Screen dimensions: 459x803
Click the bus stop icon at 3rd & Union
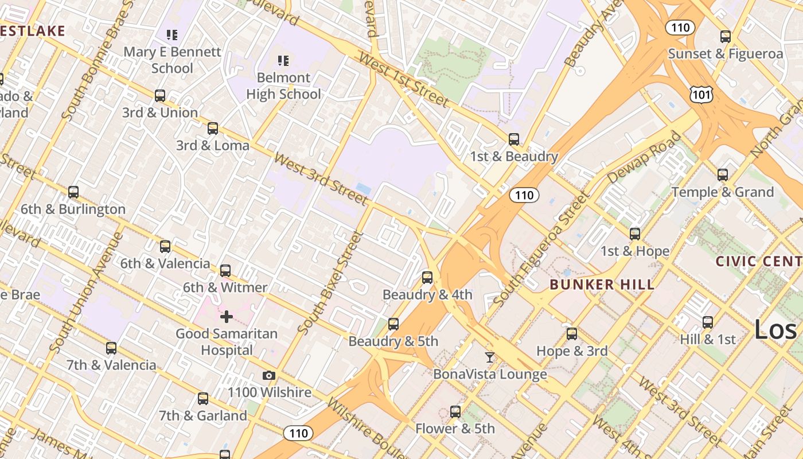click(x=160, y=95)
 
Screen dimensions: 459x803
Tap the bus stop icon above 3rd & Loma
click(x=213, y=129)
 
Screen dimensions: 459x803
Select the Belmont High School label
click(x=283, y=85)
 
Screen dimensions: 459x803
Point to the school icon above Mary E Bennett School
click(x=172, y=35)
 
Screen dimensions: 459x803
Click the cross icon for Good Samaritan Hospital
click(x=227, y=316)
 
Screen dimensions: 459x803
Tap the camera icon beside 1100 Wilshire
click(x=268, y=376)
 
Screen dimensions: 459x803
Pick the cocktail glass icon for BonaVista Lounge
click(x=489, y=357)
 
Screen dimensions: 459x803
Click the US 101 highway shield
click(x=701, y=95)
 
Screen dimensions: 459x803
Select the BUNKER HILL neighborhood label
click(x=602, y=285)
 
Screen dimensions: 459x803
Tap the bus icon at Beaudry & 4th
click(x=427, y=278)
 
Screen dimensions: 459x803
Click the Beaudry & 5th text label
click(x=393, y=341)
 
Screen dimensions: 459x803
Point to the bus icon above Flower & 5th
click(x=455, y=411)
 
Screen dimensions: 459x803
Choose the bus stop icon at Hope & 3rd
click(x=572, y=334)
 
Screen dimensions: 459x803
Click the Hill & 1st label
click(x=707, y=339)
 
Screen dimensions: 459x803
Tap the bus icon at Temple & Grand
click(x=723, y=175)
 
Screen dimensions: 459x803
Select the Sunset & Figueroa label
click(x=725, y=54)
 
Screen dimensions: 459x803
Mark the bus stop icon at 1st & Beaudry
click(x=514, y=139)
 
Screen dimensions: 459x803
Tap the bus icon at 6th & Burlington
click(x=73, y=192)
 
